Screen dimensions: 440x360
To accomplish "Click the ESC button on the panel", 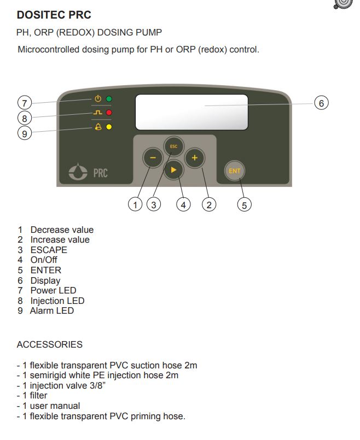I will pyautogui.click(x=173, y=146).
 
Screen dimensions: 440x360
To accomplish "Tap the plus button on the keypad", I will pyautogui.click(x=194, y=157).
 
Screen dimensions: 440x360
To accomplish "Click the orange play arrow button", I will pyautogui.click(x=173, y=170).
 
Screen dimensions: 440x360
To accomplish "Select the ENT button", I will pyautogui.click(x=234, y=171).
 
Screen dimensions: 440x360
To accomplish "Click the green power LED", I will pyautogui.click(x=109, y=99).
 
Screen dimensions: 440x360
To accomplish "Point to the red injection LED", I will pyautogui.click(x=109, y=113).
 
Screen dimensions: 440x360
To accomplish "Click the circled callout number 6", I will pyautogui.click(x=321, y=102).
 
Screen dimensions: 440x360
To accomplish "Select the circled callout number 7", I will pyautogui.click(x=24, y=102).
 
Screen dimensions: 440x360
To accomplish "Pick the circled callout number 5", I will pyautogui.click(x=244, y=205).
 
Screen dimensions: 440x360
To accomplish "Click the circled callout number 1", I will pyautogui.click(x=135, y=205).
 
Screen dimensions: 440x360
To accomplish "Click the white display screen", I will pyautogui.click(x=191, y=113).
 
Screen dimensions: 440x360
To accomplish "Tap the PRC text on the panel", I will pyautogui.click(x=100, y=173).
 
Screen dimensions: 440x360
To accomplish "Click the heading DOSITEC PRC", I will pyautogui.click(x=54, y=15).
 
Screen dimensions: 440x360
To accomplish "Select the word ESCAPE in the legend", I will pyautogui.click(x=49, y=250).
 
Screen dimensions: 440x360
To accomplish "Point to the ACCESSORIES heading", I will pyautogui.click(x=50, y=344).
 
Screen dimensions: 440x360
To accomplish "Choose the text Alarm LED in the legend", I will pyautogui.click(x=52, y=310).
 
